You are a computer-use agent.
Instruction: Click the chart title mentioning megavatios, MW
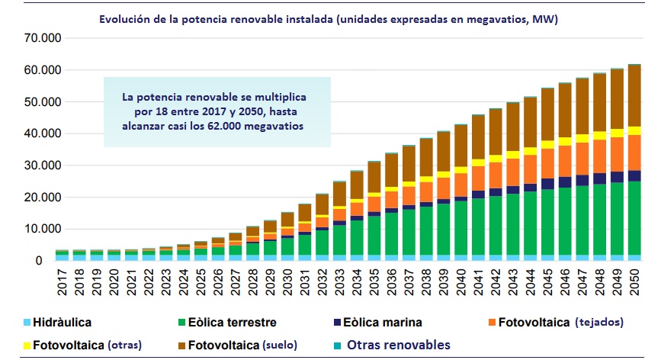click(x=329, y=18)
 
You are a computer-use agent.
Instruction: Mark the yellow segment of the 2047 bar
click(x=581, y=138)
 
